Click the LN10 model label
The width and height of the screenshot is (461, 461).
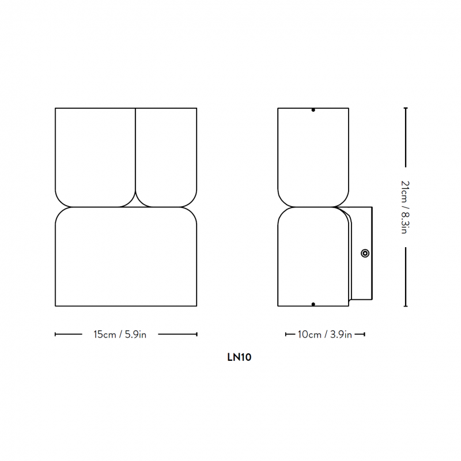pos(239,357)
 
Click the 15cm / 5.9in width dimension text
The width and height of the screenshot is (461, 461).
pos(120,335)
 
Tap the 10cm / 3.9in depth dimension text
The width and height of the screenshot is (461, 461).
pos(325,335)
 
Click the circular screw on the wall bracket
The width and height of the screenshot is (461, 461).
pos(365,253)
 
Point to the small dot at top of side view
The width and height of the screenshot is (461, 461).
pos(313,109)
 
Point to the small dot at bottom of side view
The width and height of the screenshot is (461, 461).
pos(313,304)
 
